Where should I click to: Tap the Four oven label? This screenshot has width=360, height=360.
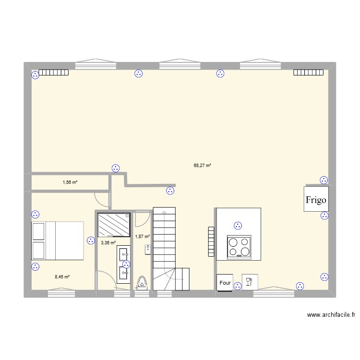[225, 283]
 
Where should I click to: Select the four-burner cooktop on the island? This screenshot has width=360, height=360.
[239, 246]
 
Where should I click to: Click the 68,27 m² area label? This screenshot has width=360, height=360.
[203, 166]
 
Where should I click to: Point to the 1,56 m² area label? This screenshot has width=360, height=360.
[70, 182]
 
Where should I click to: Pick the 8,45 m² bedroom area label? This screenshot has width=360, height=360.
[62, 277]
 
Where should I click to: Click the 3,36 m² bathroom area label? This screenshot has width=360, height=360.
[108, 243]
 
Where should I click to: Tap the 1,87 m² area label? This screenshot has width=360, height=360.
[143, 236]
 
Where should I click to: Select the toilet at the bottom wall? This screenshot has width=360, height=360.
[142, 284]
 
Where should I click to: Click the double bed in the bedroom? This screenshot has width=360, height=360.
[58, 240]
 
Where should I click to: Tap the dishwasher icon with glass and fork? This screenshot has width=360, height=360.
[250, 282]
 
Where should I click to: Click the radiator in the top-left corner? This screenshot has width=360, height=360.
[54, 73]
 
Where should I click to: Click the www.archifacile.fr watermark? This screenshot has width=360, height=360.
[331, 315]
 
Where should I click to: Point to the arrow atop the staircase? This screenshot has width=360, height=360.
[164, 211]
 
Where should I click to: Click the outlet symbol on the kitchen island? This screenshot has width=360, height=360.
[237, 225]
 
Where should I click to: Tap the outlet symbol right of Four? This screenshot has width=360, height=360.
[238, 286]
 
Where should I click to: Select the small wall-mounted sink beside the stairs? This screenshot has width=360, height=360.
[148, 249]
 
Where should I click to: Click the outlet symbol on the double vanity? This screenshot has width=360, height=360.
[126, 264]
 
